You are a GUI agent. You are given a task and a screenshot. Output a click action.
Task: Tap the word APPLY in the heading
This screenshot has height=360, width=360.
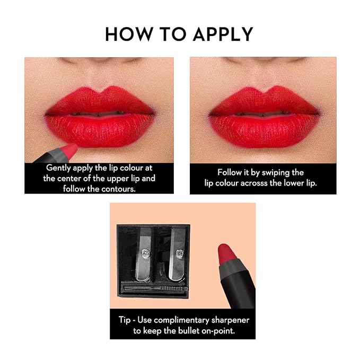pos(223,34)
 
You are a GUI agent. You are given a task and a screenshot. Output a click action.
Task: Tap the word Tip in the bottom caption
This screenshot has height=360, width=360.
pos(124,320)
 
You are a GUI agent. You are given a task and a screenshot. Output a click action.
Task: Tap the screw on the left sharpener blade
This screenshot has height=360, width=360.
pos(145,253)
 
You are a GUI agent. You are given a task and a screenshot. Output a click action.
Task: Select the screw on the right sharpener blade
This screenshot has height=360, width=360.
pos(180,253)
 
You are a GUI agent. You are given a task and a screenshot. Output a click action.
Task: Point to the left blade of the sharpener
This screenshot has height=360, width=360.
pos(144,254)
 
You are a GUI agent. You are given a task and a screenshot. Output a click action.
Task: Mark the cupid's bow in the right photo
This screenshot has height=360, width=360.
pos(265,90)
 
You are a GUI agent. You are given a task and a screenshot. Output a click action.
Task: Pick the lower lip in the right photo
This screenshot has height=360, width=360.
pos(264,130)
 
